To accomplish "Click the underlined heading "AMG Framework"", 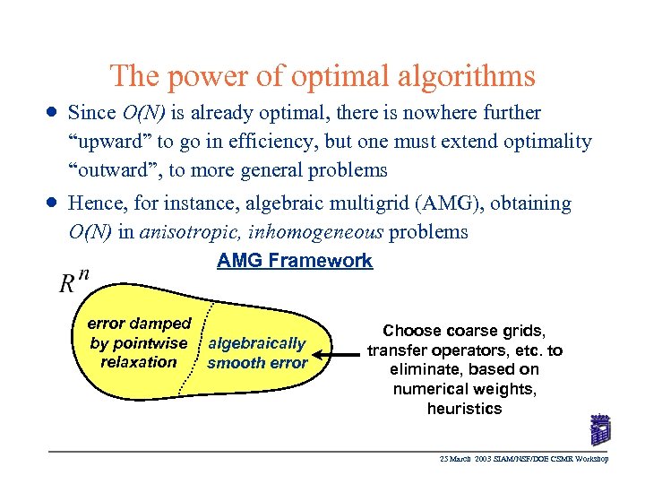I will point(295,261).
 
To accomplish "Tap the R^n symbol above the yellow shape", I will point(73,282).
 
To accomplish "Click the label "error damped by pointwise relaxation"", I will point(139,342).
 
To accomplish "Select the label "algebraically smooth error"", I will point(257,353).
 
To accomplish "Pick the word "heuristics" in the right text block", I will point(464,409).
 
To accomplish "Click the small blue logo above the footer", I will point(598,429).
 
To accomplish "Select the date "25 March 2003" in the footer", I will point(467,460).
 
